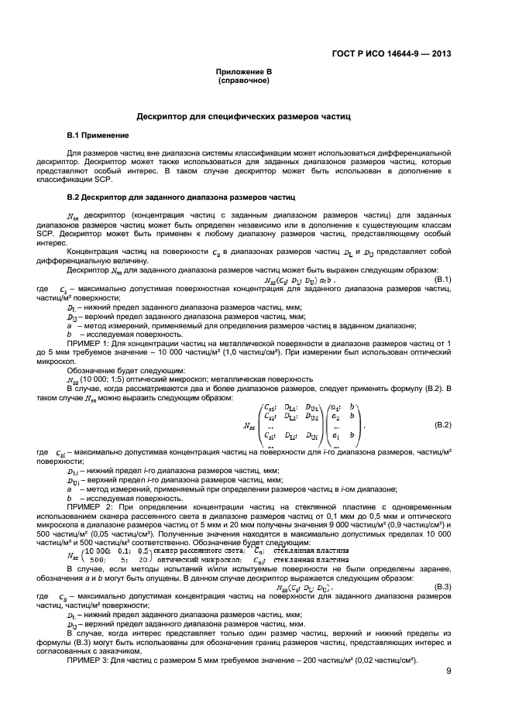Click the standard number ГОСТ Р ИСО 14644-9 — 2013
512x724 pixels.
393,54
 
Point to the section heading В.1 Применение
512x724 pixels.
97,136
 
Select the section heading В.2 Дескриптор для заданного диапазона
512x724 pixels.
182,197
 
